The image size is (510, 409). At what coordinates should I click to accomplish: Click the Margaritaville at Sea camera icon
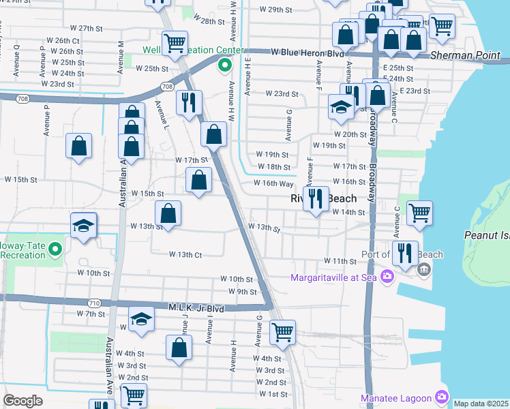click(x=387, y=277)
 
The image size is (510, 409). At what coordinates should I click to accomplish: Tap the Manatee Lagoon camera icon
click(x=441, y=397)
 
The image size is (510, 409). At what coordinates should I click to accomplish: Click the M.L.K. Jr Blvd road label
click(x=196, y=308)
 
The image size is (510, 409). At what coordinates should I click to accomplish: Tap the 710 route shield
click(x=95, y=302)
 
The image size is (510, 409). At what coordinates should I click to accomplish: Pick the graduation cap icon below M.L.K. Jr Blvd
click(x=141, y=320)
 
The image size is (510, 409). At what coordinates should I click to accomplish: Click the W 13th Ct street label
click(x=185, y=254)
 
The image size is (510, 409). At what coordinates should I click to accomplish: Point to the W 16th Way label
click(x=273, y=183)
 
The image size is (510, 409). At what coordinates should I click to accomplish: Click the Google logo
click(x=22, y=401)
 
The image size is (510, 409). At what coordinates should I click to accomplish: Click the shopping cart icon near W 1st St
click(x=134, y=394)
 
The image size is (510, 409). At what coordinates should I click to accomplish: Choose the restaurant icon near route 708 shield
click(x=189, y=102)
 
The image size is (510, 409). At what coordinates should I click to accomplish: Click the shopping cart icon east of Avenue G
click(x=282, y=332)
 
